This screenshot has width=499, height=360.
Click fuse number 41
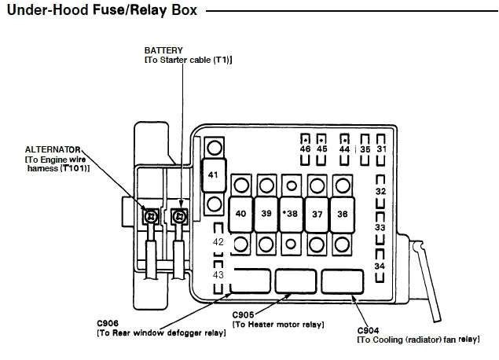coord(213,174)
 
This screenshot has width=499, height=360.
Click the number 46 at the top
coord(306,149)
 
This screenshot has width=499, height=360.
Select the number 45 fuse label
coord(322,149)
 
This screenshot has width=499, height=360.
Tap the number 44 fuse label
coord(344,149)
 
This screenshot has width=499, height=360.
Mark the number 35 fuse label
coord(365,149)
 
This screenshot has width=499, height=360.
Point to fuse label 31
coord(382,149)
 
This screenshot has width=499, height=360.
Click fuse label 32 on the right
coord(380,191)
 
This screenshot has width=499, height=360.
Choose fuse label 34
coord(380,266)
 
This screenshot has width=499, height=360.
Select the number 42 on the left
coord(218,242)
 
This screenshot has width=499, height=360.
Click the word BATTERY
coord(163,50)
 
